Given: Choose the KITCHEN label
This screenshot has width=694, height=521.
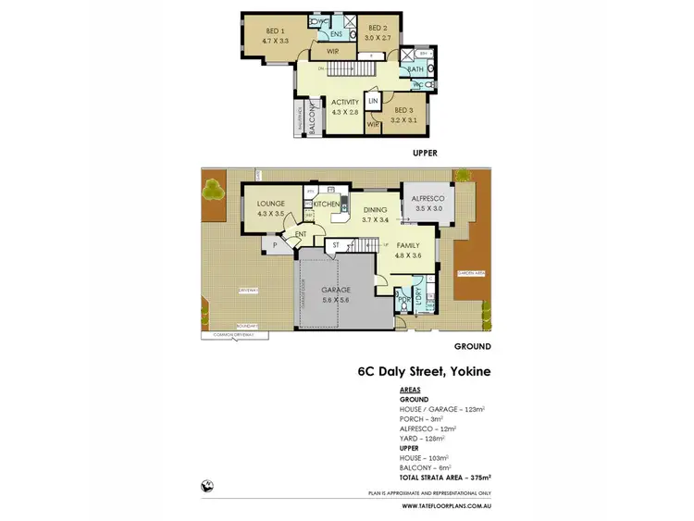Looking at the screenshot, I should tap(328, 204).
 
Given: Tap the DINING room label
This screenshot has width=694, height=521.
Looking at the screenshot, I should tap(375, 210).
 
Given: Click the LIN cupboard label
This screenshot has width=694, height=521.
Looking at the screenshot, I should tap(374, 101).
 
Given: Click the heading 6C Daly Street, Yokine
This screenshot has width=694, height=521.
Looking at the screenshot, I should tap(424, 373).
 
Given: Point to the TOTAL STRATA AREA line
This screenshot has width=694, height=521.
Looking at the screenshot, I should tap(443, 477).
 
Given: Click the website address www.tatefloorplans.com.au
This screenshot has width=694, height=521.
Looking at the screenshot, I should tap(447, 506).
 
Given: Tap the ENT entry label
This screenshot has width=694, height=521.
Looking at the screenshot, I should tap(301, 235).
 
